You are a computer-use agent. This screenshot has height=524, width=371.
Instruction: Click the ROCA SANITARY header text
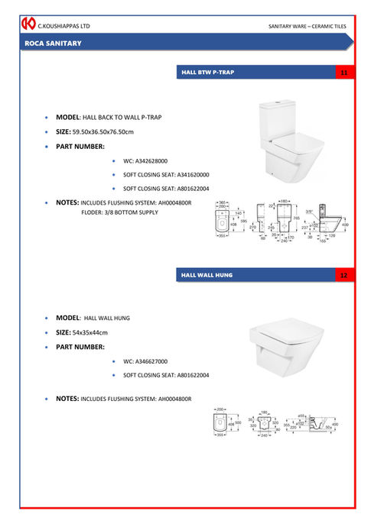53,44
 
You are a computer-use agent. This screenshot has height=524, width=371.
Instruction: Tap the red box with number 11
343,73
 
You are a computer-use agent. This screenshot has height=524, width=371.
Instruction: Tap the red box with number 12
343,274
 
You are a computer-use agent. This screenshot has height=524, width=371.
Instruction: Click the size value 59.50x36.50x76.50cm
103,132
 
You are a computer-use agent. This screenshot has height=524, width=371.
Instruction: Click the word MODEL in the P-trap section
68,118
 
